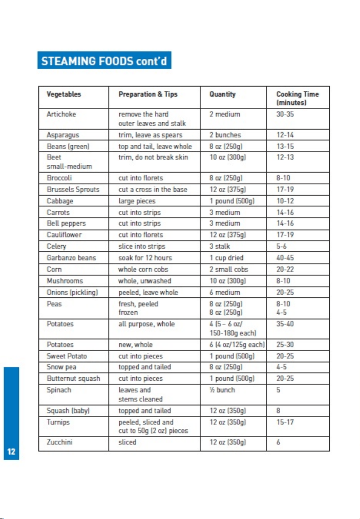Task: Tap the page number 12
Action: point(11,451)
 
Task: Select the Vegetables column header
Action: point(64,94)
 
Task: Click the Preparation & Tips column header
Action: point(148,94)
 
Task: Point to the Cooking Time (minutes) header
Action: point(298,98)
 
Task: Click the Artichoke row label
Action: point(61,114)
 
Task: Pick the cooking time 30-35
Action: point(285,114)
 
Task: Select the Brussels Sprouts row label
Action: point(73,190)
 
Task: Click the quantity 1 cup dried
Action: point(226,258)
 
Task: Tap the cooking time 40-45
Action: point(285,258)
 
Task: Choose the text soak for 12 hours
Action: point(145,258)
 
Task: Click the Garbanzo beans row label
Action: point(71,258)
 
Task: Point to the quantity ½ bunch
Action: point(222,390)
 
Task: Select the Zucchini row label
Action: point(59,442)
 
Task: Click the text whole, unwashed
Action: point(145,281)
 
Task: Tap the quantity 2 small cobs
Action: point(228,269)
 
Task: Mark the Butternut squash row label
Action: point(73,379)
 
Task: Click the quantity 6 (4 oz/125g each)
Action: point(237,345)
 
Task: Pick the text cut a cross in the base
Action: point(153,190)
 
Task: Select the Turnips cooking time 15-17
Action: point(285,422)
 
